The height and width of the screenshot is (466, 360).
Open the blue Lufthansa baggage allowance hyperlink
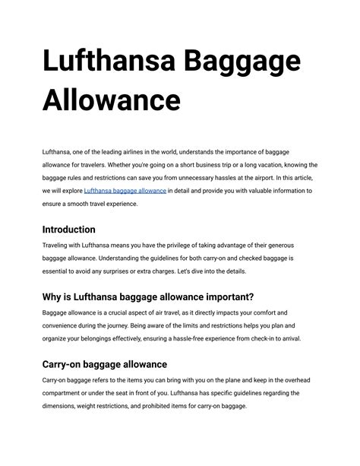[125, 191]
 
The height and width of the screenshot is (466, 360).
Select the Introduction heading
[69, 229]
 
